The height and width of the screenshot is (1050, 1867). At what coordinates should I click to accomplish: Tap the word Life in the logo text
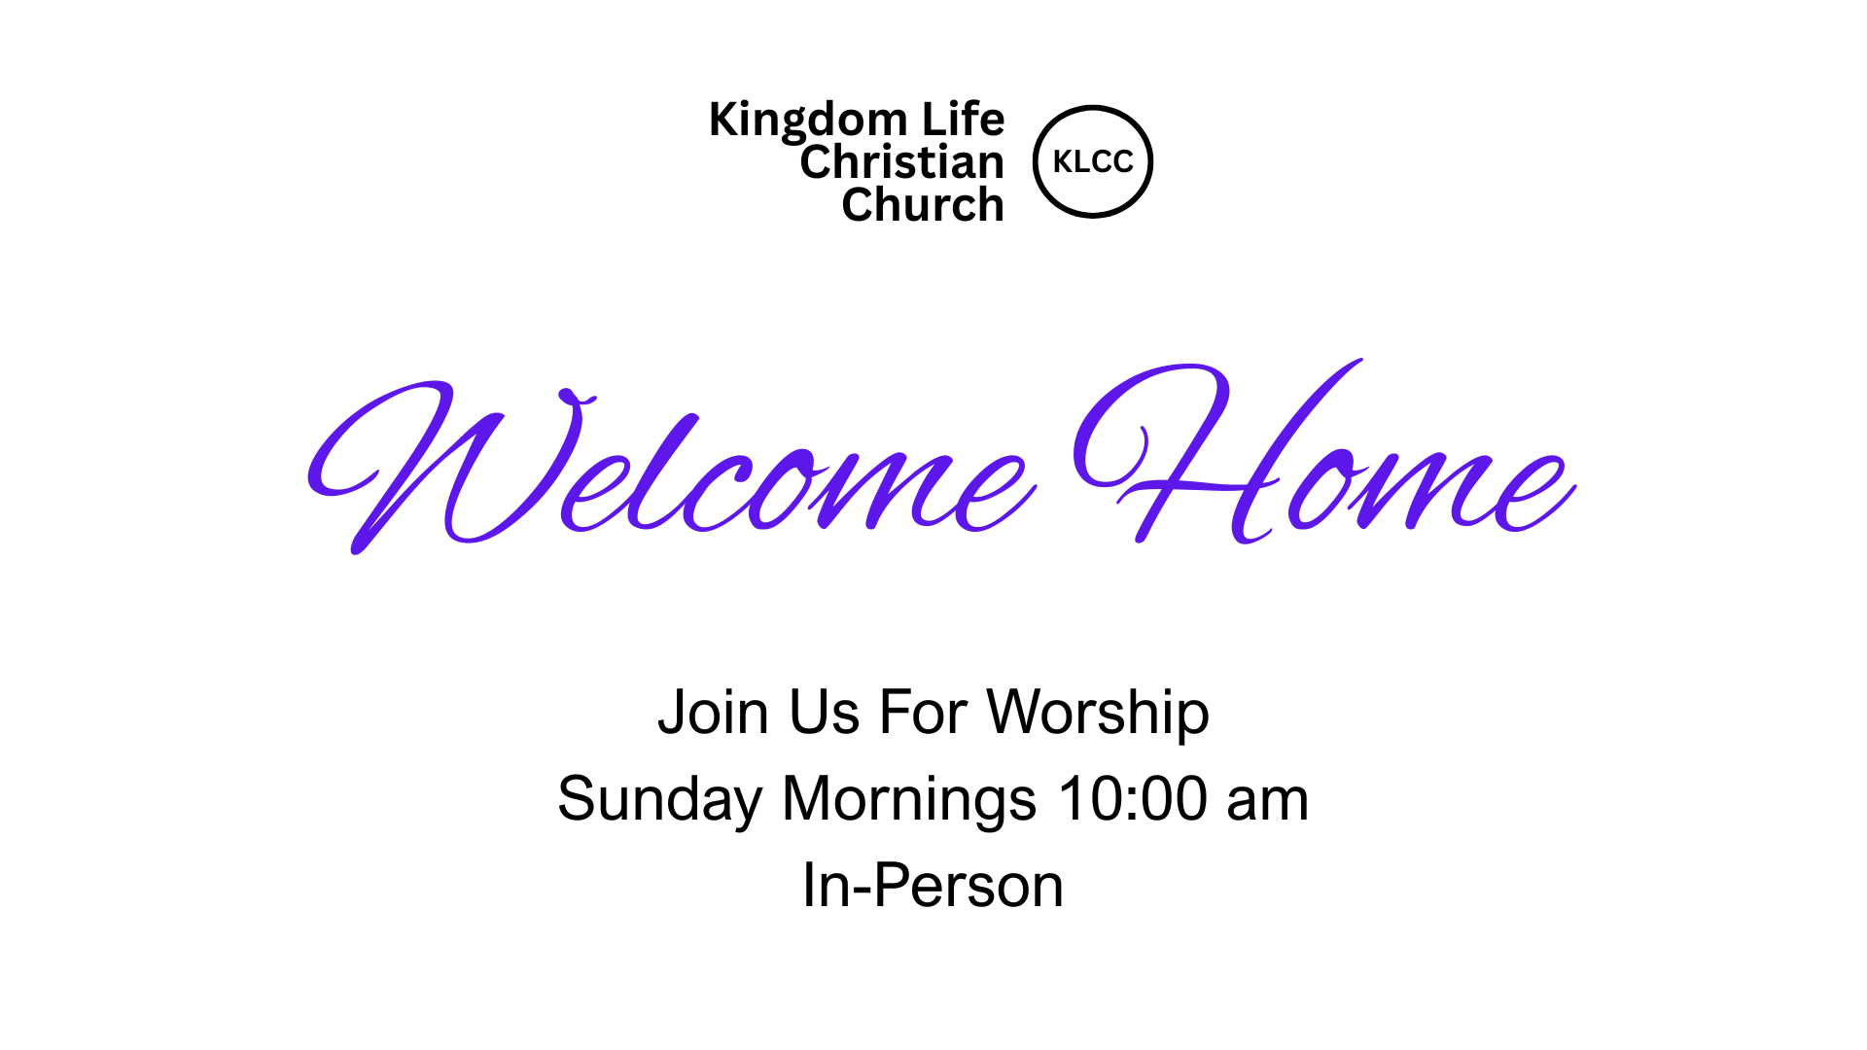tap(963, 119)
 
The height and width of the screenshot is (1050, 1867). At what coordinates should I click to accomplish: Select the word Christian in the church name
tap(901, 161)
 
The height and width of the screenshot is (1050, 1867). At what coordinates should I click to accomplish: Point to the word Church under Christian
tap(923, 204)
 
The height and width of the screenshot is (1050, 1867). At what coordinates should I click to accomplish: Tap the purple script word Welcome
tap(671, 467)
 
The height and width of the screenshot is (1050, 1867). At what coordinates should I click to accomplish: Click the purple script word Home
tap(1324, 452)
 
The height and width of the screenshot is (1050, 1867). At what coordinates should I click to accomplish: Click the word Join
tap(714, 713)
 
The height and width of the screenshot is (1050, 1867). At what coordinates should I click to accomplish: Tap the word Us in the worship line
tap(825, 713)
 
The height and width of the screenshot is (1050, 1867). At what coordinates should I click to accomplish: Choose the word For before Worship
tap(923, 713)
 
